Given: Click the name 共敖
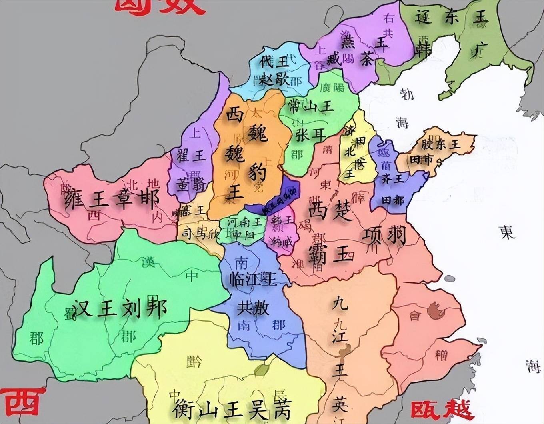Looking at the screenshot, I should pyautogui.click(x=253, y=308).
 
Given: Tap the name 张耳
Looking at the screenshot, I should pyautogui.click(x=310, y=135).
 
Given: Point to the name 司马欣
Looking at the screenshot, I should pyautogui.click(x=200, y=233).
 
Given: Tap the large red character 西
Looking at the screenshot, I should pyautogui.click(x=22, y=402).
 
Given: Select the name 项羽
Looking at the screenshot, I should pyautogui.click(x=384, y=236).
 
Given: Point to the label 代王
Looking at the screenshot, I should pyautogui.click(x=274, y=62).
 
